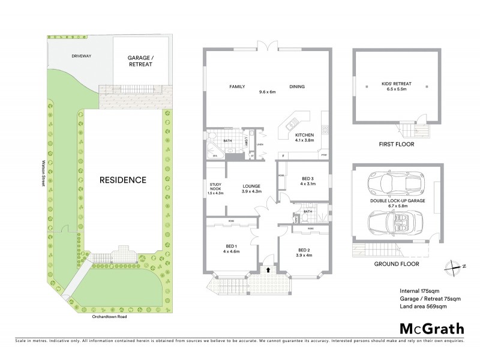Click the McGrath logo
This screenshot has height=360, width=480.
click(x=430, y=328)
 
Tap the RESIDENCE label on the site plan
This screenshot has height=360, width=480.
click(x=122, y=179)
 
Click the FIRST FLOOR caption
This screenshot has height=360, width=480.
click(x=397, y=145)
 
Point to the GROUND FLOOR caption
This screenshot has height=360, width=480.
click(x=397, y=263)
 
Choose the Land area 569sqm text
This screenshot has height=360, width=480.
click(x=423, y=306)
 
